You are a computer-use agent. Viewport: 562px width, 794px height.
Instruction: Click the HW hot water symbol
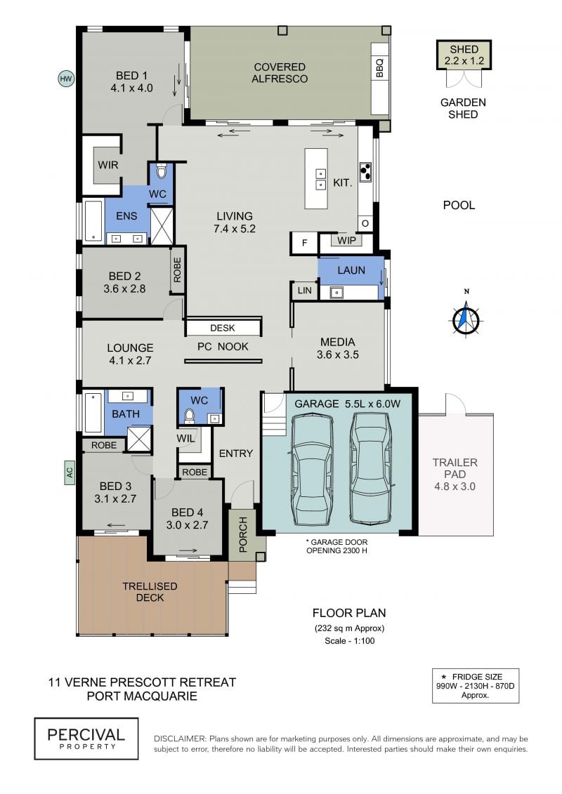tap(66, 79)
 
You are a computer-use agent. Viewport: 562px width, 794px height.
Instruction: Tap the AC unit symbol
tap(70, 472)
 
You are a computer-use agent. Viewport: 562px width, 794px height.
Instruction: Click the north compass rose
tap(466, 319)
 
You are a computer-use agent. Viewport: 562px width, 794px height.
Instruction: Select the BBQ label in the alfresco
tap(379, 68)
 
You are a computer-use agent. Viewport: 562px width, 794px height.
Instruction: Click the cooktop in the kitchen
tap(365, 172)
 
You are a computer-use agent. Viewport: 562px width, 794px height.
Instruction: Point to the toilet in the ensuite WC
tap(161, 172)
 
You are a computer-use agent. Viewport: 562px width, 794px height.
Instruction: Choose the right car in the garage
tap(372, 468)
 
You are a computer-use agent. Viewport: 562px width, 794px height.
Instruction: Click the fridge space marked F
tap(304, 243)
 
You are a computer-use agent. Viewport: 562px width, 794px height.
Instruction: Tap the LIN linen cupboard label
tap(305, 291)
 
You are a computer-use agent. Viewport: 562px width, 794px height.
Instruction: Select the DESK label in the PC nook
tap(223, 328)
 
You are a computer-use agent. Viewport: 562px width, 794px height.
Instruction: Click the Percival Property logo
tap(86, 739)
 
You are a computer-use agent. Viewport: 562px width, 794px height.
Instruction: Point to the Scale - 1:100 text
tap(350, 640)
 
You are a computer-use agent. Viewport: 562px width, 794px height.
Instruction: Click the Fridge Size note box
tap(476, 686)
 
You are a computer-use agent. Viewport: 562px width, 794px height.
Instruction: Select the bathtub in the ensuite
tap(93, 222)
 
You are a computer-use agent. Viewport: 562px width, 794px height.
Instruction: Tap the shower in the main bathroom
tap(139, 439)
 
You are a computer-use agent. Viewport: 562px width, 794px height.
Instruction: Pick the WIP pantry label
tap(346, 241)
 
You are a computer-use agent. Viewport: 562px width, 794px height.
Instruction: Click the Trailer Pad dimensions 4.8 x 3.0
tap(455, 487)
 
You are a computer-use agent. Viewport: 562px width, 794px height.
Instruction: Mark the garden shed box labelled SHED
tap(464, 55)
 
